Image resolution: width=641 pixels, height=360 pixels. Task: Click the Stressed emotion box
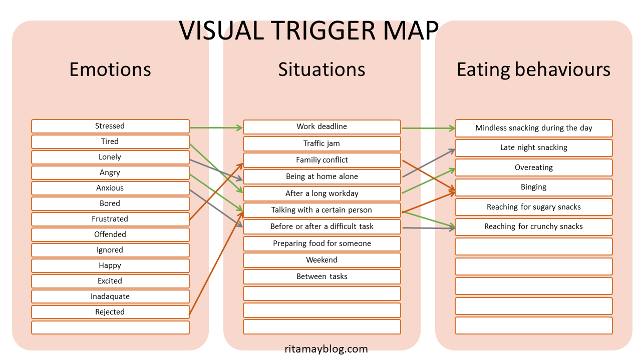pyautogui.click(x=110, y=126)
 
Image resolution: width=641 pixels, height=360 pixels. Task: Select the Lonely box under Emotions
pyautogui.click(x=110, y=157)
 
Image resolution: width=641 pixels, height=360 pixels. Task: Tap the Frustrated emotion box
pyautogui.click(x=110, y=219)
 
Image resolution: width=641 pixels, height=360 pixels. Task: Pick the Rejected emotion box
pyautogui.click(x=110, y=312)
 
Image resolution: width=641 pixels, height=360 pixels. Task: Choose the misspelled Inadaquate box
pyautogui.click(x=110, y=296)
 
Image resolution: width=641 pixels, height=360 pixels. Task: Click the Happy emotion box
pyautogui.click(x=110, y=265)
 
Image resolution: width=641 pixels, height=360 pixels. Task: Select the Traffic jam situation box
pyautogui.click(x=322, y=143)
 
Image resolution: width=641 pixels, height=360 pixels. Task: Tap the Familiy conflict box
pyautogui.click(x=322, y=160)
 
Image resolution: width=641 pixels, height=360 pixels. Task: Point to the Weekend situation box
pyautogui.click(x=322, y=260)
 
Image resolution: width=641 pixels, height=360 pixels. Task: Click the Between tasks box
pyautogui.click(x=322, y=276)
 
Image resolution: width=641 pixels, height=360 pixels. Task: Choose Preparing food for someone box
pyautogui.click(x=322, y=243)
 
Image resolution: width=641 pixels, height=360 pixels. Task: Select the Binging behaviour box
pyautogui.click(x=533, y=187)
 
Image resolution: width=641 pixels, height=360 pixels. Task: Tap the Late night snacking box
pyautogui.click(x=533, y=147)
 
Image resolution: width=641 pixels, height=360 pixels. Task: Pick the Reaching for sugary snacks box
pyautogui.click(x=533, y=207)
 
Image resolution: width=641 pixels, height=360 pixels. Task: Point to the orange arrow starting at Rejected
pyautogui.click(x=215, y=265)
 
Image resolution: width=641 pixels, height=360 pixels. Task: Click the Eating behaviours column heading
pyautogui.click(x=533, y=69)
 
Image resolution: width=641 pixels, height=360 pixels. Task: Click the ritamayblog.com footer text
pyautogui.click(x=325, y=349)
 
